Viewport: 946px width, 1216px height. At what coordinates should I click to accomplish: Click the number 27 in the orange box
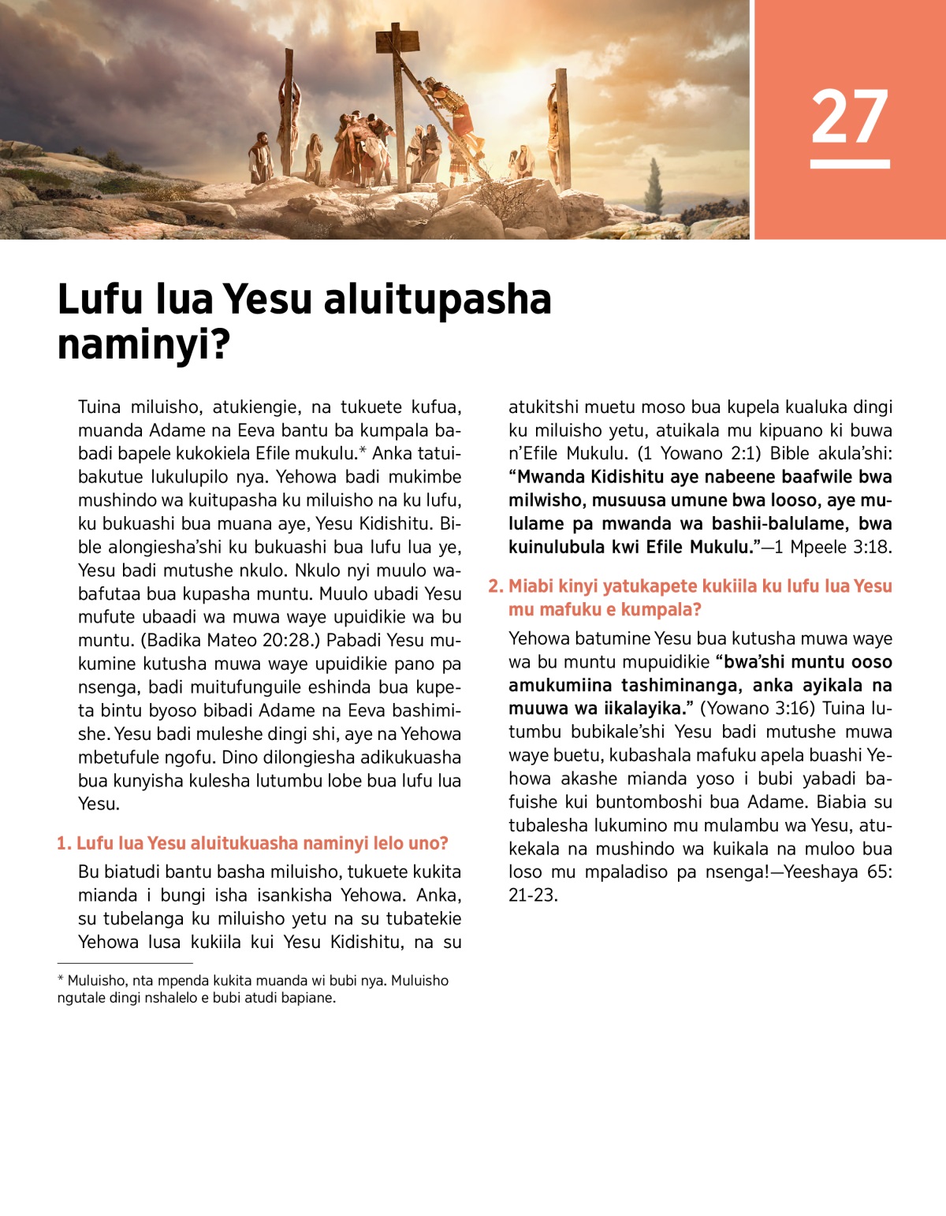pyautogui.click(x=849, y=117)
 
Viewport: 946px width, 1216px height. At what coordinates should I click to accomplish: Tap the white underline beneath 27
pyautogui.click(x=849, y=164)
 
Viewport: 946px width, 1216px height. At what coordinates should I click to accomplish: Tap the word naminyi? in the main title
pyautogui.click(x=143, y=344)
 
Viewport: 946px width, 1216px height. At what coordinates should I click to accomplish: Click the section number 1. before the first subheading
pyautogui.click(x=64, y=843)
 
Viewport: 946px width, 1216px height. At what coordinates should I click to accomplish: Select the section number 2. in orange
pyautogui.click(x=495, y=586)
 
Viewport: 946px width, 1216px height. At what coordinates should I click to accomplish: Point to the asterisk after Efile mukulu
pyautogui.click(x=363, y=452)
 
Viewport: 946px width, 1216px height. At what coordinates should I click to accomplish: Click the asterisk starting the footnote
pyautogui.click(x=61, y=980)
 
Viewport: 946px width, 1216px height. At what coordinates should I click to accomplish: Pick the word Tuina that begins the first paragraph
pyautogui.click(x=99, y=407)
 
